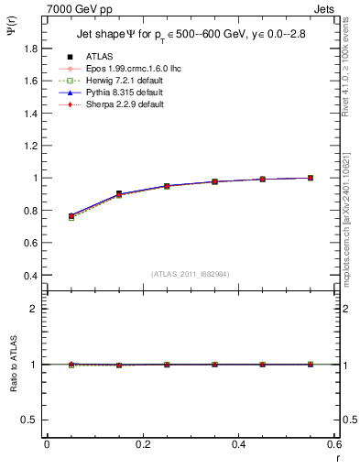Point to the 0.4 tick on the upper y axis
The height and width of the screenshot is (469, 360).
click(x=32, y=275)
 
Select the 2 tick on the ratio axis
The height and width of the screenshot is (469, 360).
click(x=37, y=309)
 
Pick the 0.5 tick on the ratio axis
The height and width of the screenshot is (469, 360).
click(x=32, y=420)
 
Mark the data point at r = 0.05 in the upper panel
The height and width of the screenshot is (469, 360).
click(x=71, y=216)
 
